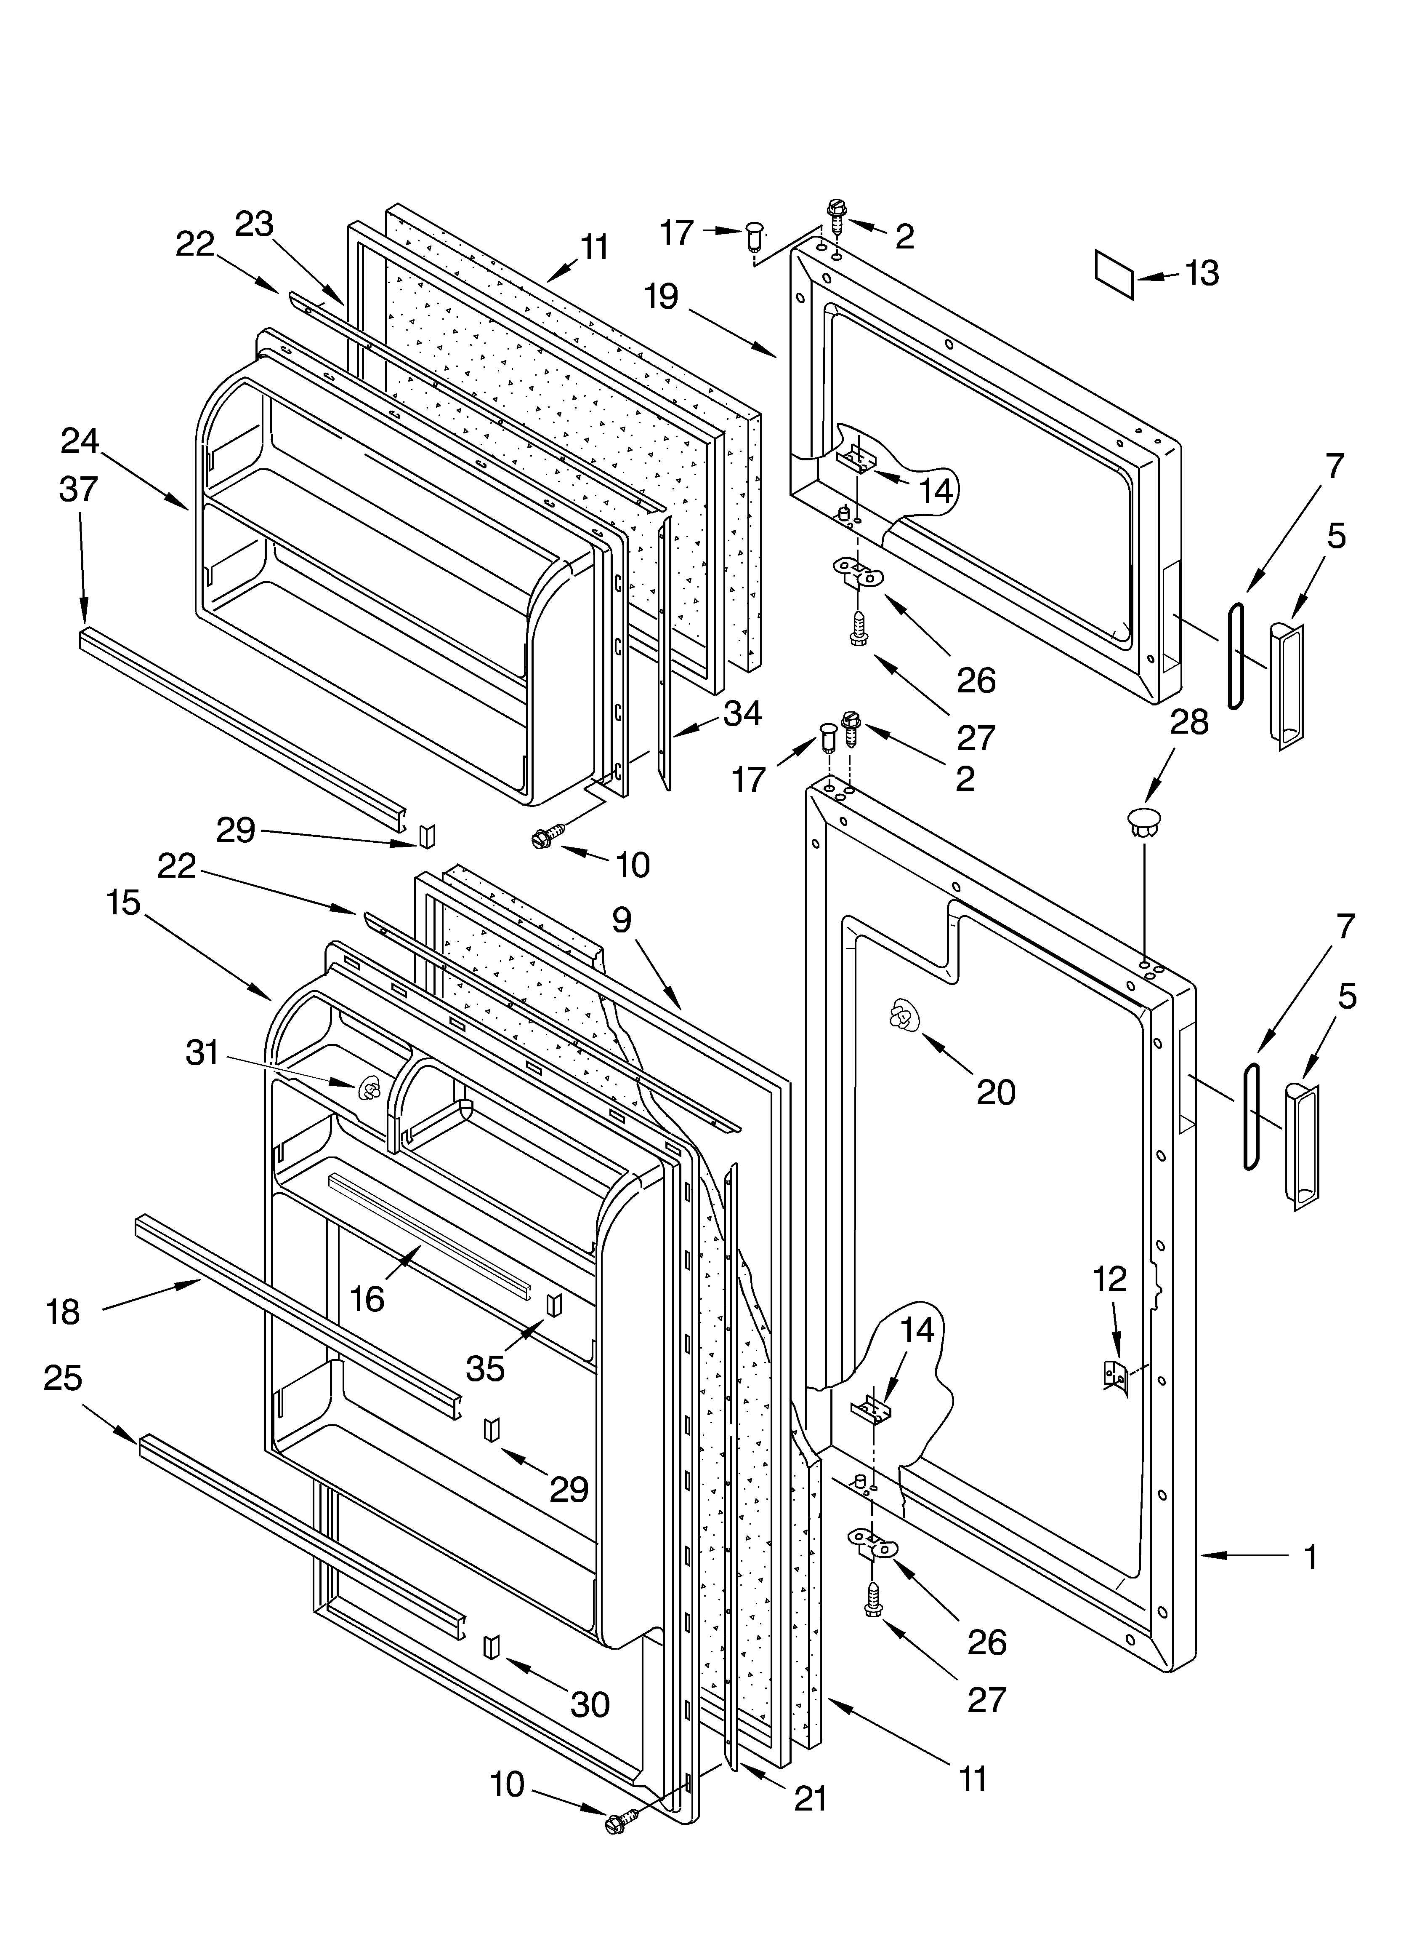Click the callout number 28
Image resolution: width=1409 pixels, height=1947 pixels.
(x=1189, y=722)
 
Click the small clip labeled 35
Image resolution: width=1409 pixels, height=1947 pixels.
(x=553, y=1304)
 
